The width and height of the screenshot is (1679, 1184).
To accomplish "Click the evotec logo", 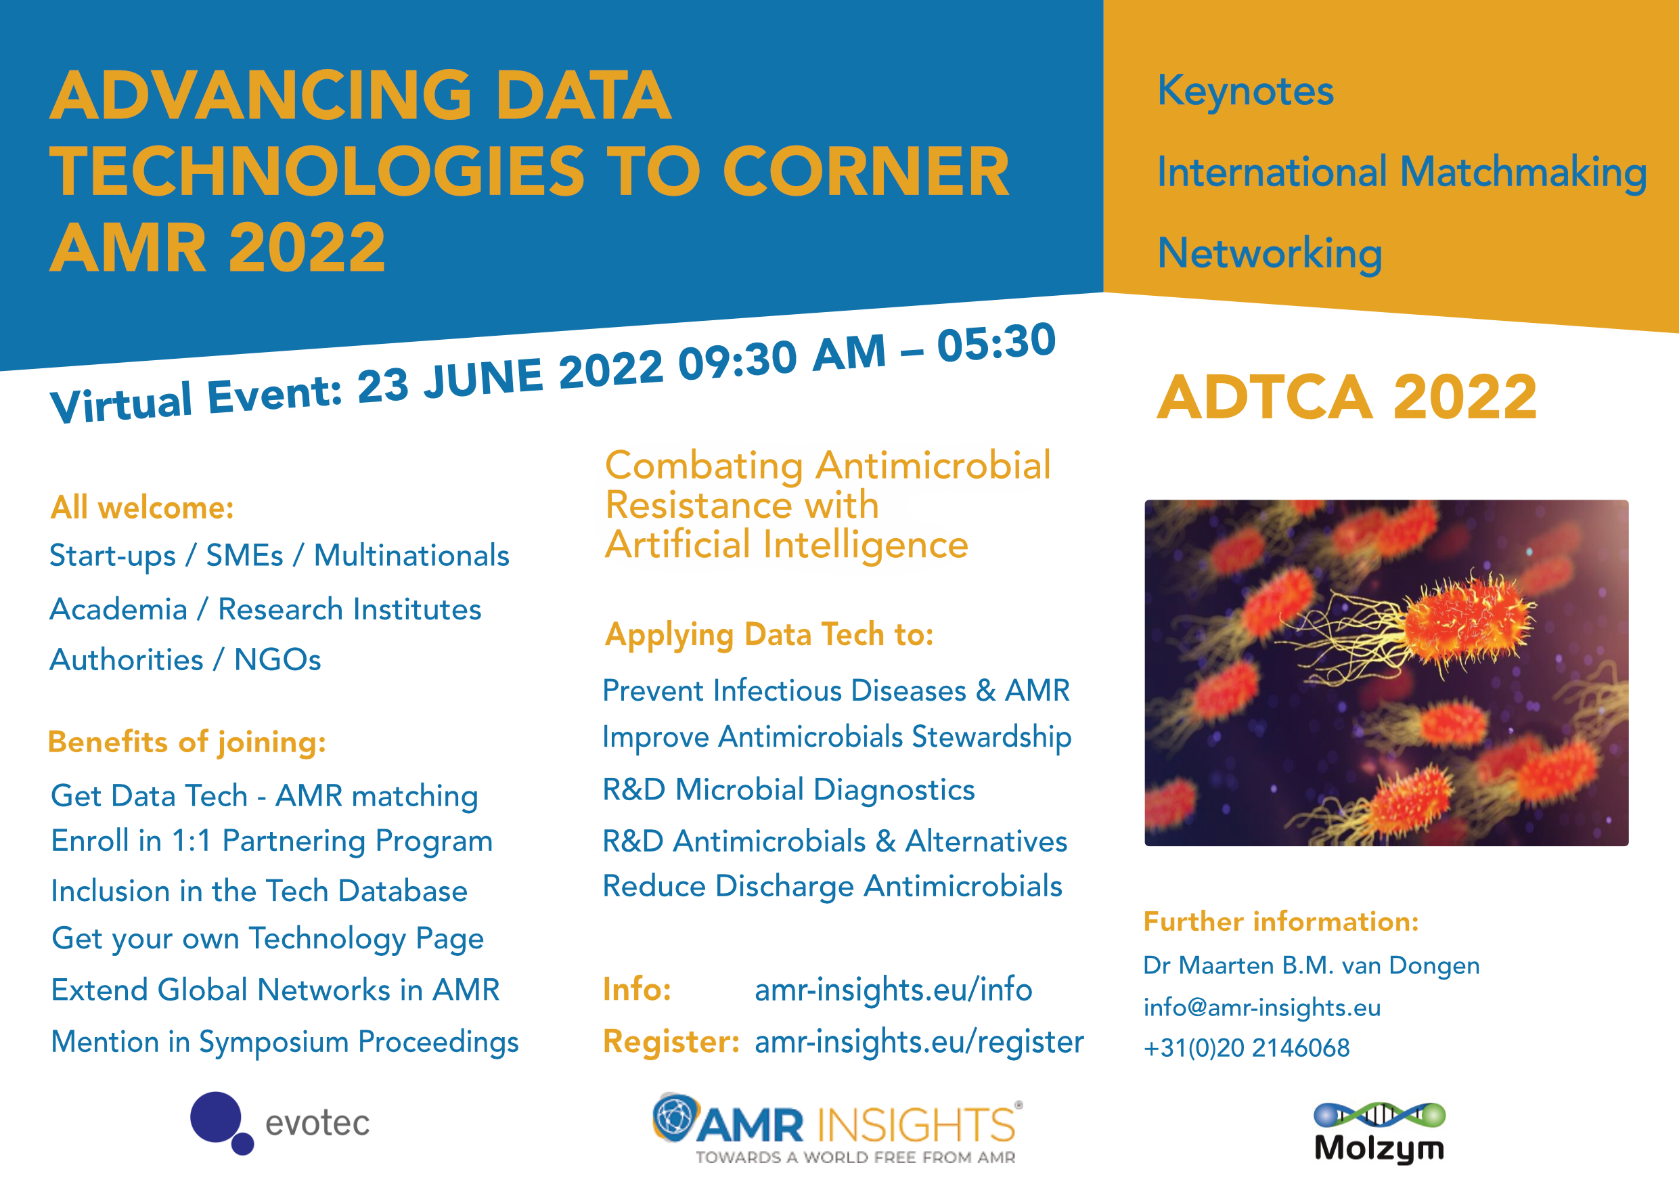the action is coord(280,1122).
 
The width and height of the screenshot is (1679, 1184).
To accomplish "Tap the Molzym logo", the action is coord(1379,1133).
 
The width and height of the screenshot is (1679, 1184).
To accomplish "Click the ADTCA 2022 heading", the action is coord(1347,397).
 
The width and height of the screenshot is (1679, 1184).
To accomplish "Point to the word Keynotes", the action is coord(1245,92).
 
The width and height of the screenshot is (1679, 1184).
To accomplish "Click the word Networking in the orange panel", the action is coord(1270,254).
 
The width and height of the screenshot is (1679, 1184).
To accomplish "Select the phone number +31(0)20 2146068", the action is coord(1247,1048).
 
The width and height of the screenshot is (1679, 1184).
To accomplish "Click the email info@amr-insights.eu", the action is coord(1262,1007).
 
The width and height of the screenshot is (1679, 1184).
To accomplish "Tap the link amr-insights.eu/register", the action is coord(919,1042).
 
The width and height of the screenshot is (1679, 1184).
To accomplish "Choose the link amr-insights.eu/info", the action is coord(893,990).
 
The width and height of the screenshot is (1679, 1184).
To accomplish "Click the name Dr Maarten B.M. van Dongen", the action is coord(1311,966).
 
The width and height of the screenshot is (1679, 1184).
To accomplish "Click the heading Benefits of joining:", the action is coord(187,743).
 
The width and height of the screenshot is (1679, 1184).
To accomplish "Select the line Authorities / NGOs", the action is coord(185,659).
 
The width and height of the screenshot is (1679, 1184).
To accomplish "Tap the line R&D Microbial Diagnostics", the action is coord(788,790).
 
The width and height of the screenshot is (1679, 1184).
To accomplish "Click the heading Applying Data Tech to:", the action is coord(769,635).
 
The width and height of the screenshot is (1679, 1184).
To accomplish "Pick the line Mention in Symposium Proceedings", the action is coord(284,1042).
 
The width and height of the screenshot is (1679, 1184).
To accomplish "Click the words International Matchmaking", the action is coord(1401,173).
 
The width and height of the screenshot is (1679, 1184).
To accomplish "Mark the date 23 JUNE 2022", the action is coord(510,374).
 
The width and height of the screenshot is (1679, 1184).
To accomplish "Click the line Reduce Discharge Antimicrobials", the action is coord(832,886).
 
